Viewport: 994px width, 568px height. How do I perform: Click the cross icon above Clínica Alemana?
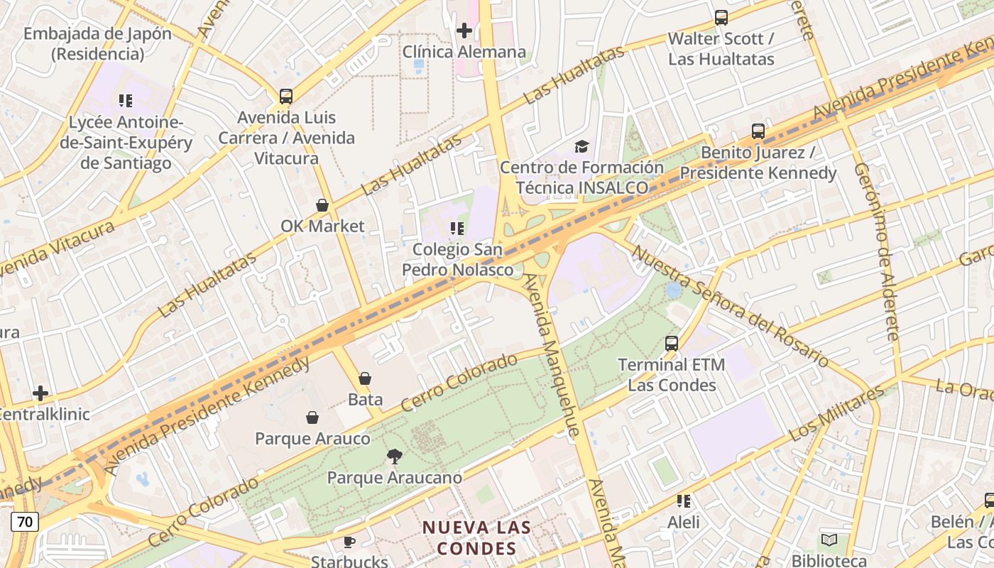(x=464, y=31)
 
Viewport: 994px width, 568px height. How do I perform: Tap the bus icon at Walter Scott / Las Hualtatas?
(x=721, y=18)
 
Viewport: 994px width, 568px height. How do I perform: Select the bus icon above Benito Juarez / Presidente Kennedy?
(x=758, y=131)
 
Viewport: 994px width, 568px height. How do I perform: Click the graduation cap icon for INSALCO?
(x=582, y=146)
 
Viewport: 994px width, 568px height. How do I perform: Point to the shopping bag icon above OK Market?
(x=322, y=205)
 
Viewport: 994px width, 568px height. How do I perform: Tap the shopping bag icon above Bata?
(x=365, y=378)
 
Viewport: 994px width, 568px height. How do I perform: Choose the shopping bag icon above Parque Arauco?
(x=312, y=417)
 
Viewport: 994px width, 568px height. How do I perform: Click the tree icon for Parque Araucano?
(x=394, y=457)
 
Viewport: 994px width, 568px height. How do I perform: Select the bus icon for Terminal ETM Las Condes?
(x=672, y=344)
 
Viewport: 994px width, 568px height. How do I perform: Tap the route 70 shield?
(x=25, y=522)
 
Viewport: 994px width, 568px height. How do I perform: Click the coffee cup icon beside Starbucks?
(x=349, y=542)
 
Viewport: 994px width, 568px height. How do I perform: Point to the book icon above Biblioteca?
(x=829, y=540)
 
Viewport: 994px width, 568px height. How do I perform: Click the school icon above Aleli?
(x=684, y=501)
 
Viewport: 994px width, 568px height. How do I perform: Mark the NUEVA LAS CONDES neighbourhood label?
(x=476, y=537)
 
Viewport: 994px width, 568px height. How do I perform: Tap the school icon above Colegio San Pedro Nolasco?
(x=457, y=229)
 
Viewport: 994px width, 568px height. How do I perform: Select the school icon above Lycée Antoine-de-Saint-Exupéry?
(x=126, y=101)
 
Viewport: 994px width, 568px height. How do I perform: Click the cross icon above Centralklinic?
(x=40, y=393)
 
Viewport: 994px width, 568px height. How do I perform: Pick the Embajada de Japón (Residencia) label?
(x=97, y=43)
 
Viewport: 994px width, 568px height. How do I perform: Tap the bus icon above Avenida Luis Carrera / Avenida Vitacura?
(x=286, y=96)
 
